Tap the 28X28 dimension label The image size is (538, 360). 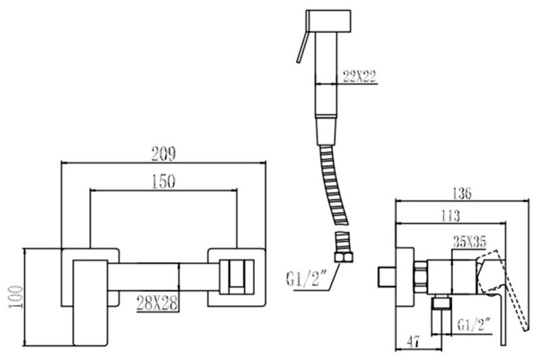point(156,303)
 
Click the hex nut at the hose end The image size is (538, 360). point(343,253)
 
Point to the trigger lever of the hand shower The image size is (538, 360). point(298,48)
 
